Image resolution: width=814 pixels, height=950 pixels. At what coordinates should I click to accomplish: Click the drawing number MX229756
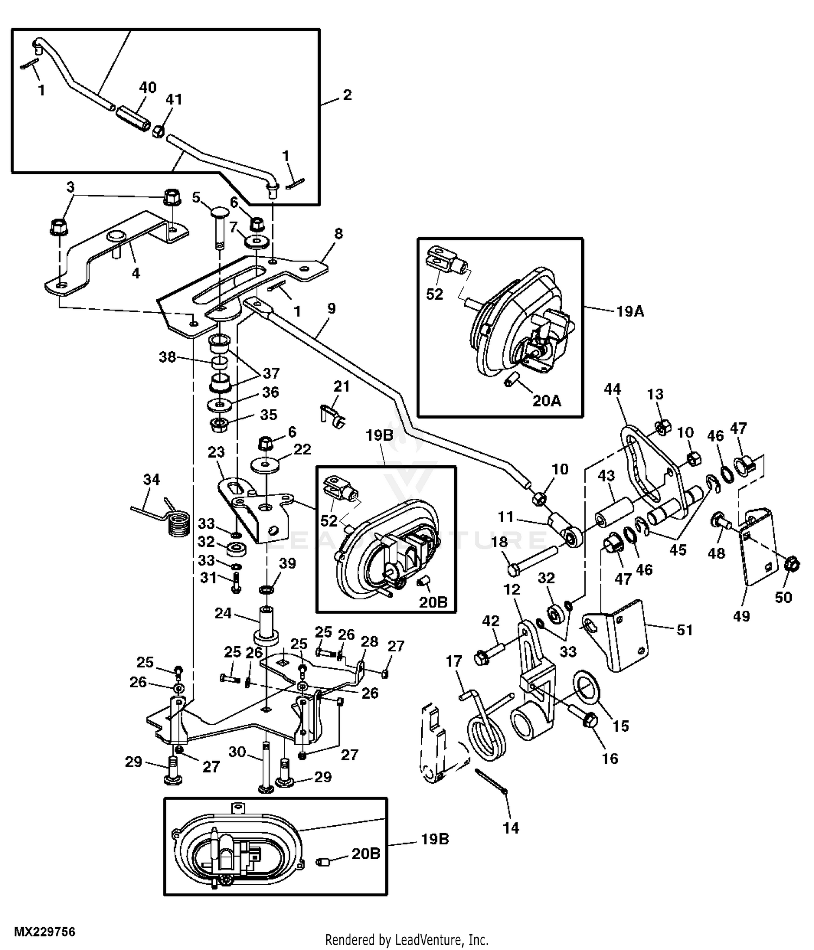point(44,932)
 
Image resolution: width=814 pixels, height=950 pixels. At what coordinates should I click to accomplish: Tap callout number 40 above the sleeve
point(148,87)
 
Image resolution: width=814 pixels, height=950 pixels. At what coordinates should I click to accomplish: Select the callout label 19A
point(629,312)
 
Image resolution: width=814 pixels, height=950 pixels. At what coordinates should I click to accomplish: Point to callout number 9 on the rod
point(331,309)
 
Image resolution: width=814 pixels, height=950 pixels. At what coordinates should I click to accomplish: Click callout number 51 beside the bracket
point(684,630)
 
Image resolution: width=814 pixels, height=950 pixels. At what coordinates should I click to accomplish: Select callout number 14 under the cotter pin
point(511,828)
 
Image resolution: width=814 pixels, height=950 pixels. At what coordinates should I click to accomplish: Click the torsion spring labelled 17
point(484,718)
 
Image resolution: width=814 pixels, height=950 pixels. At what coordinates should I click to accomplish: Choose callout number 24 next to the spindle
point(223,613)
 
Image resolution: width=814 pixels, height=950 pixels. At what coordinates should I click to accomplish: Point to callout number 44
point(612,389)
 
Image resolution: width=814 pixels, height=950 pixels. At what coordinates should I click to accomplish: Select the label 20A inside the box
point(546,401)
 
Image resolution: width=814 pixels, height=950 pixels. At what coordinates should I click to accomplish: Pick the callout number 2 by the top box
point(347,95)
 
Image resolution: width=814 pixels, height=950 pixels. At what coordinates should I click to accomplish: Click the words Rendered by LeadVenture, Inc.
point(407,940)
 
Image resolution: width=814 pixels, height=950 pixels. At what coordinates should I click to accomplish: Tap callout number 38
point(168,357)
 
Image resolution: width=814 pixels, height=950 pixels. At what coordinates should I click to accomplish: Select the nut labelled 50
point(791,565)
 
